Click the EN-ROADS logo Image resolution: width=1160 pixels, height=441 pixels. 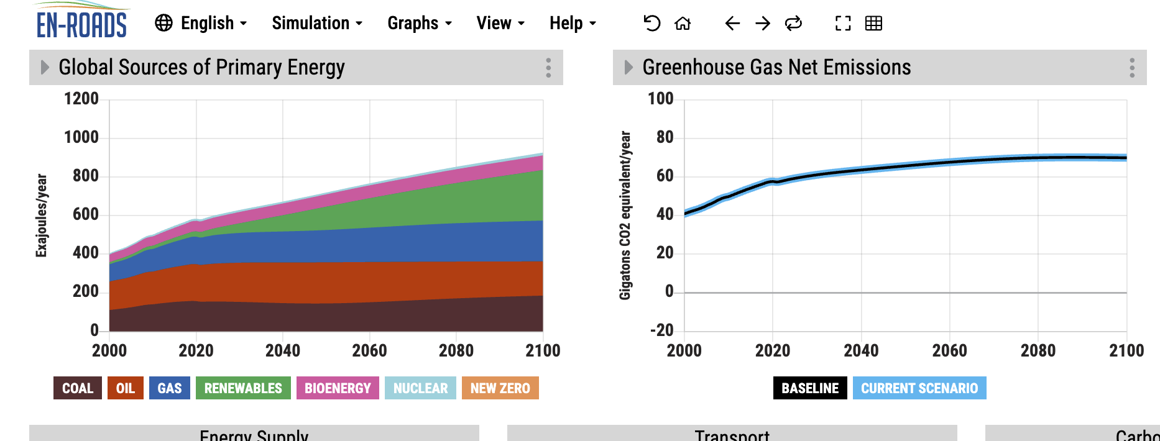tap(81, 22)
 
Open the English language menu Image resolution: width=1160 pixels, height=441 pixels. tap(201, 24)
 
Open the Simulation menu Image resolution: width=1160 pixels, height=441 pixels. tap(317, 24)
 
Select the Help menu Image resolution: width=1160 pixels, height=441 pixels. tap(573, 24)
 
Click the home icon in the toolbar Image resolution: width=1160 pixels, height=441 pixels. tap(683, 24)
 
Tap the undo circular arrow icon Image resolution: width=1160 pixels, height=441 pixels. tap(651, 24)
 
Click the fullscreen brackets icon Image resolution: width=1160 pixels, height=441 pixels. tap(843, 24)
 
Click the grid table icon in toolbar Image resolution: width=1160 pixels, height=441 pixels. tap(873, 24)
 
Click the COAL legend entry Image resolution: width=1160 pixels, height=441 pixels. tap(78, 388)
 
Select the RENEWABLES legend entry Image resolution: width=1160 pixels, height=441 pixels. tap(243, 388)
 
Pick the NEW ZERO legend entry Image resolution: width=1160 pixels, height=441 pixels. tap(500, 388)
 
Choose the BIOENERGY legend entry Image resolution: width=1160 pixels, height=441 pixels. tap(338, 388)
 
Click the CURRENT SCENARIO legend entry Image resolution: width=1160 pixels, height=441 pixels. tap(919, 388)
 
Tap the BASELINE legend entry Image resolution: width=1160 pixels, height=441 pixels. tap(809, 388)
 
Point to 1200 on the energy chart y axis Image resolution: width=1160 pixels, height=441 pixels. tap(81, 99)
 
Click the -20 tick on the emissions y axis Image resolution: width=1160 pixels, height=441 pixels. tap(662, 330)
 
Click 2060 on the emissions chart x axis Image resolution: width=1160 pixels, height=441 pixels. tap(949, 351)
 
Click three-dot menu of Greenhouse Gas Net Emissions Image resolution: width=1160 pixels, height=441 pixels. tap(1132, 68)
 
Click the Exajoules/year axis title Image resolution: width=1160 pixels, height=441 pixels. tap(41, 215)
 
